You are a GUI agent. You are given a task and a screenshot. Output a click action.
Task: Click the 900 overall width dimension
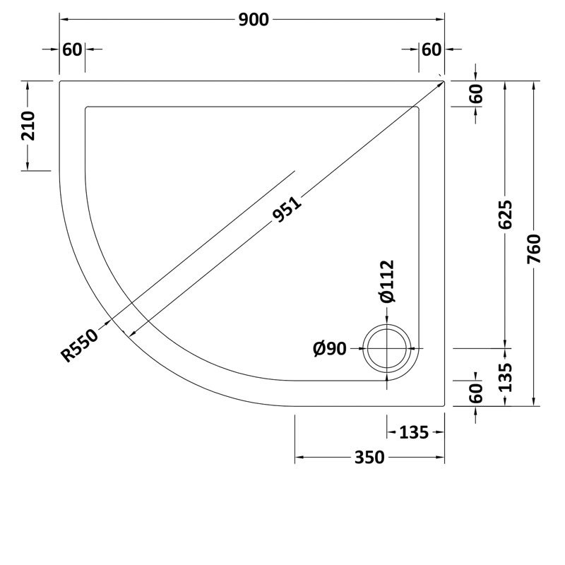pos(254,20)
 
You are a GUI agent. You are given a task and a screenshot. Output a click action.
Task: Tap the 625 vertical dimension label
pos(504,214)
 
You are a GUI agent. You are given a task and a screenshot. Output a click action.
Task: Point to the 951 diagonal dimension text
pos(287,210)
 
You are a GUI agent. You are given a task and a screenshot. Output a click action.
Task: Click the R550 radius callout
pos(79,344)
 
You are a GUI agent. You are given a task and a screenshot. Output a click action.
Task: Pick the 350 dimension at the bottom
pos(369,458)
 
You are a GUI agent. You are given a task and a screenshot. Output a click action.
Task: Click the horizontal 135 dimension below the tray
pos(415,432)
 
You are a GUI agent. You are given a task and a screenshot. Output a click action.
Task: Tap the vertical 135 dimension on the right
pos(504,378)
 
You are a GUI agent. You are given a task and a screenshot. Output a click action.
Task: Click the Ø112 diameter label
pos(386,282)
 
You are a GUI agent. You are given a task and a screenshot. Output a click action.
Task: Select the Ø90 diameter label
pos(329,348)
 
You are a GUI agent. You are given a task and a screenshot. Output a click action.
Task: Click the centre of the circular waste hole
pos(387,349)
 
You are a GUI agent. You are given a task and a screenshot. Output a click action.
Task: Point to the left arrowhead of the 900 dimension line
pos(62,20)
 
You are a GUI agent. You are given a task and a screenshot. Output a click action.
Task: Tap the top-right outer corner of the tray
pos(444,81)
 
